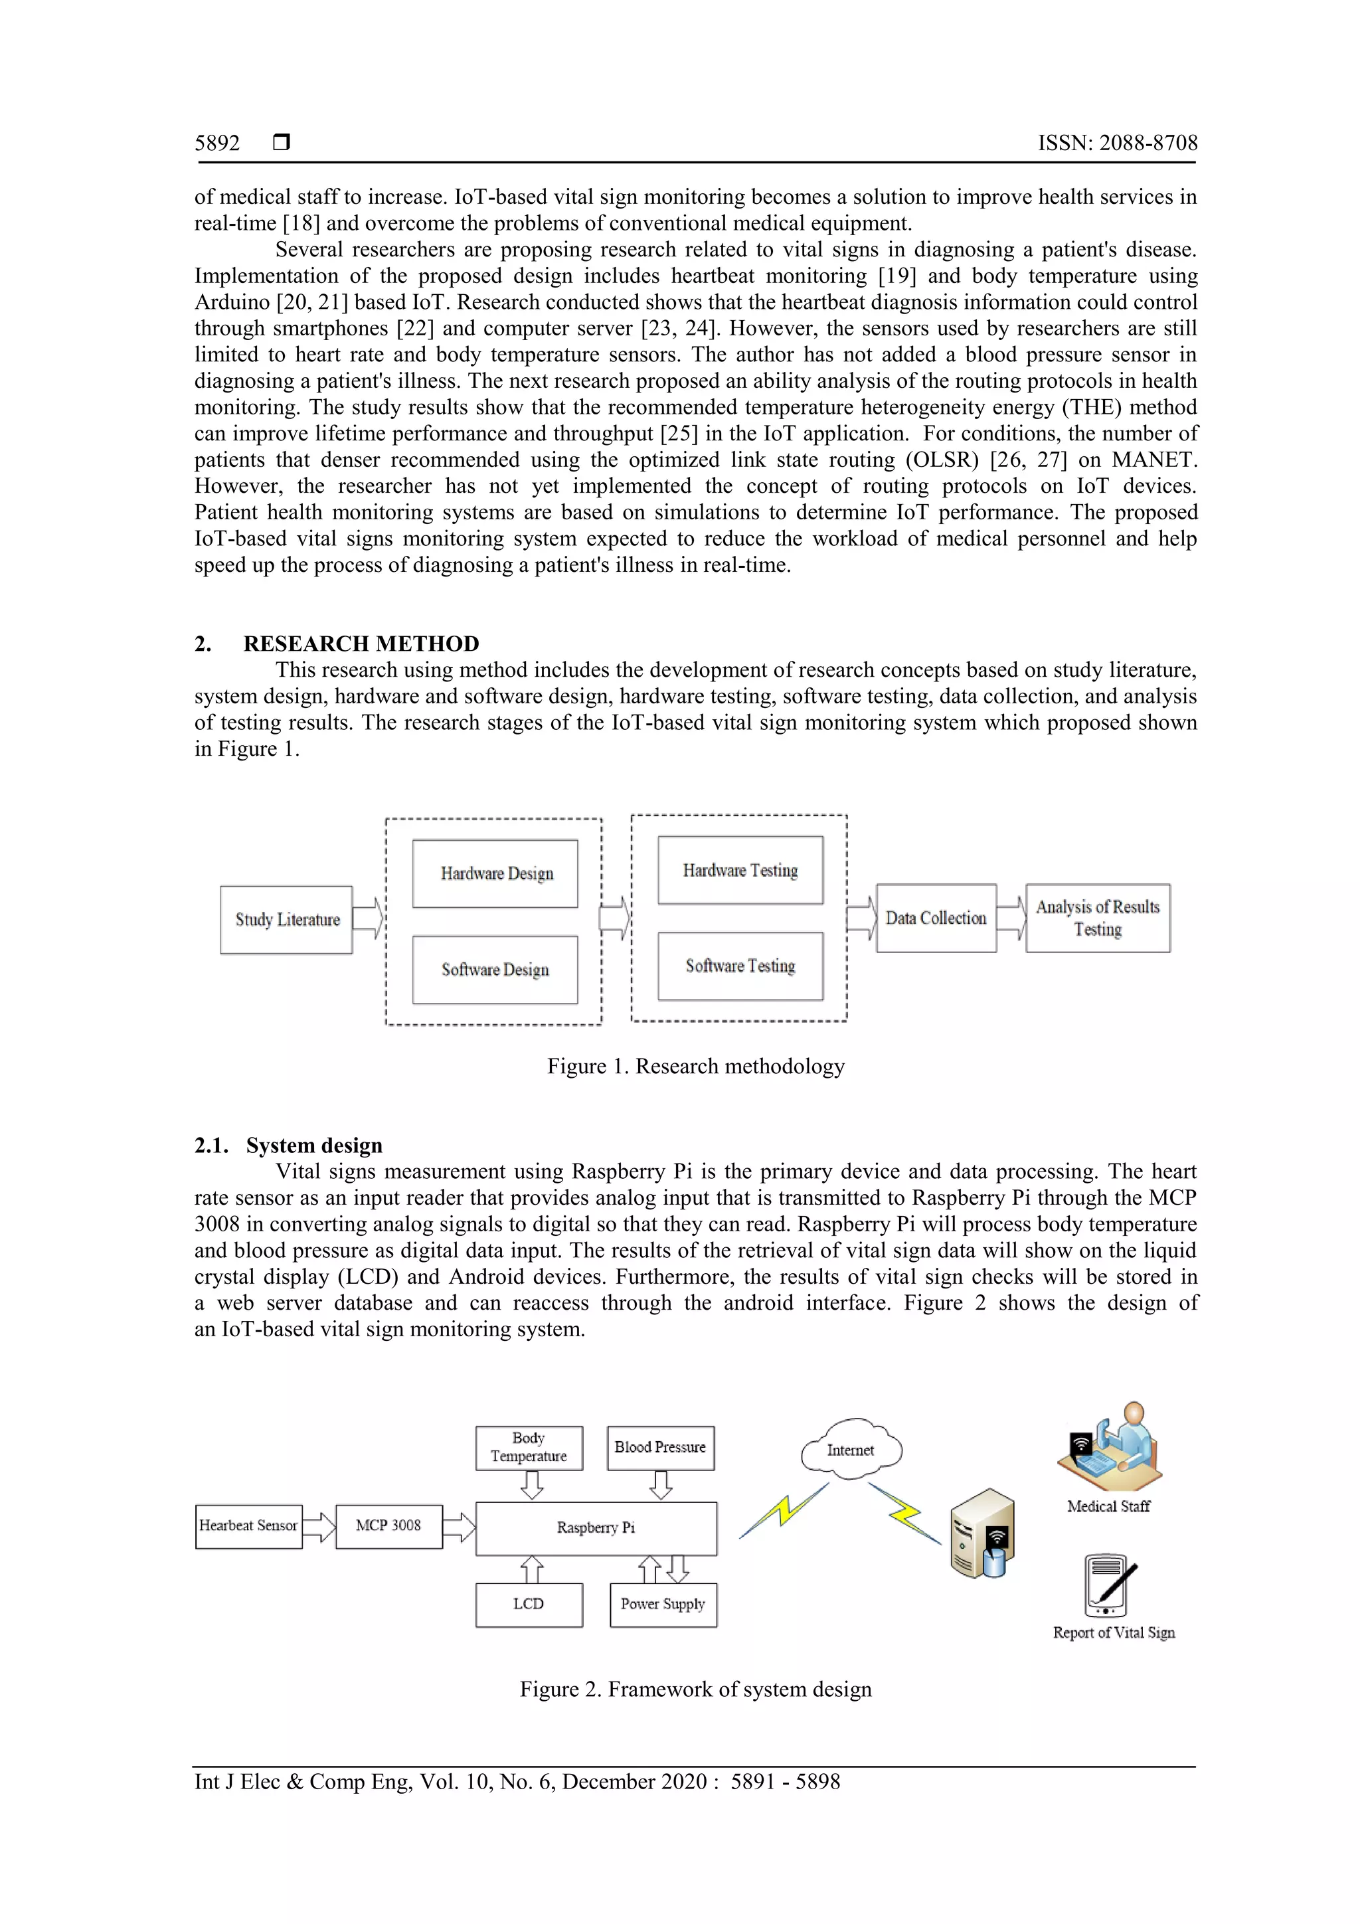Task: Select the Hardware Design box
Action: [495, 873]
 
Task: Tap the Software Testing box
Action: [740, 966]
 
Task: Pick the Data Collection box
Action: [936, 918]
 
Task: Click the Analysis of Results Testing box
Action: [1098, 918]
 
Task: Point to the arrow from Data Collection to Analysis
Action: [1011, 918]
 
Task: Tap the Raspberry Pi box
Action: [596, 1528]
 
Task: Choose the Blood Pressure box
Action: [660, 1448]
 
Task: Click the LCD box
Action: [529, 1604]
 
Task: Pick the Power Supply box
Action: [663, 1604]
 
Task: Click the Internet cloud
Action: [851, 1450]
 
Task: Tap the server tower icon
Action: [983, 1533]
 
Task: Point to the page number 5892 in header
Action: [217, 143]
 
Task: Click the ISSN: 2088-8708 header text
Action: [1117, 143]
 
